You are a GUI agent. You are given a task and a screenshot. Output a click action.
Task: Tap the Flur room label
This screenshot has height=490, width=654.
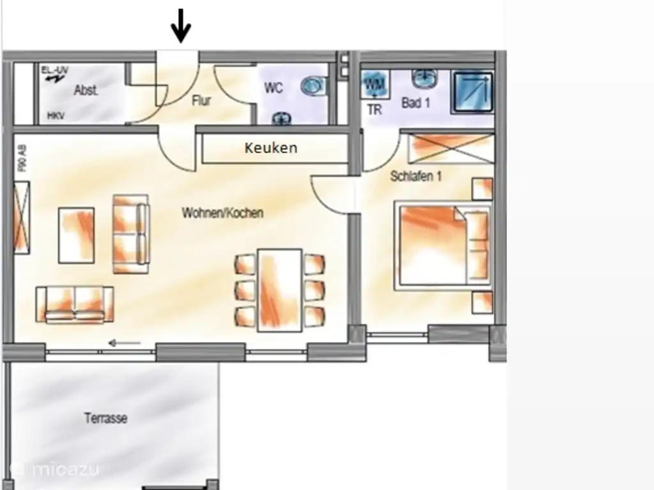(201, 100)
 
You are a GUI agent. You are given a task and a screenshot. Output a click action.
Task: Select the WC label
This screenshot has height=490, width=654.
(273, 88)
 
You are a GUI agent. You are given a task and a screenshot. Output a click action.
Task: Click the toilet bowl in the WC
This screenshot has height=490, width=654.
(313, 85)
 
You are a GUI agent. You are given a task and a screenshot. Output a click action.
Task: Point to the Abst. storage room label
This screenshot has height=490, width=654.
(86, 90)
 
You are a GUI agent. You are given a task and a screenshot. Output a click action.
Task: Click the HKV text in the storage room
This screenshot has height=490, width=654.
(56, 115)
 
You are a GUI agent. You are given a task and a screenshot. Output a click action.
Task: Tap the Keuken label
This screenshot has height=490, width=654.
(271, 148)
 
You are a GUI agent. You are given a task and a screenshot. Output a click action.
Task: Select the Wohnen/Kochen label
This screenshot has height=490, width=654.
(222, 212)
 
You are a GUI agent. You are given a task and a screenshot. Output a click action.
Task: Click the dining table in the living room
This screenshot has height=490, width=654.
(279, 290)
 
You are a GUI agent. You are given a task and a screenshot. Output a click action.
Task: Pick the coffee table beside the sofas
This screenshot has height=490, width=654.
(77, 235)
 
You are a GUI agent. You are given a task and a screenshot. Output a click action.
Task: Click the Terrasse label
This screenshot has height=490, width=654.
(105, 419)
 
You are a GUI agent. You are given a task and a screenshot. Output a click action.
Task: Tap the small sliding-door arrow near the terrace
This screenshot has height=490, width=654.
(125, 344)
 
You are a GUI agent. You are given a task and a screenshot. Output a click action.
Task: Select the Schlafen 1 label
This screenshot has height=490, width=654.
(416, 176)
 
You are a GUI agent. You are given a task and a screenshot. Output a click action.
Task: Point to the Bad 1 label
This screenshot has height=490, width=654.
(415, 102)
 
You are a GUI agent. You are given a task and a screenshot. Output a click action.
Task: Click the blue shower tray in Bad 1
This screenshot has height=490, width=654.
(473, 93)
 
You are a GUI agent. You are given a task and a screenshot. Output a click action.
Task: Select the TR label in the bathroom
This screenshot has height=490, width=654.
(374, 110)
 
